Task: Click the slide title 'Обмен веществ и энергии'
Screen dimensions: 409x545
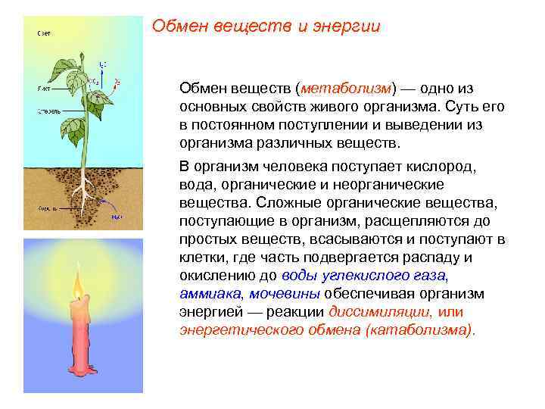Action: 266,27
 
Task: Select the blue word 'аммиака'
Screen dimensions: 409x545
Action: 210,294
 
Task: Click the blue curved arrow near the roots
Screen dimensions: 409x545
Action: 109,208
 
